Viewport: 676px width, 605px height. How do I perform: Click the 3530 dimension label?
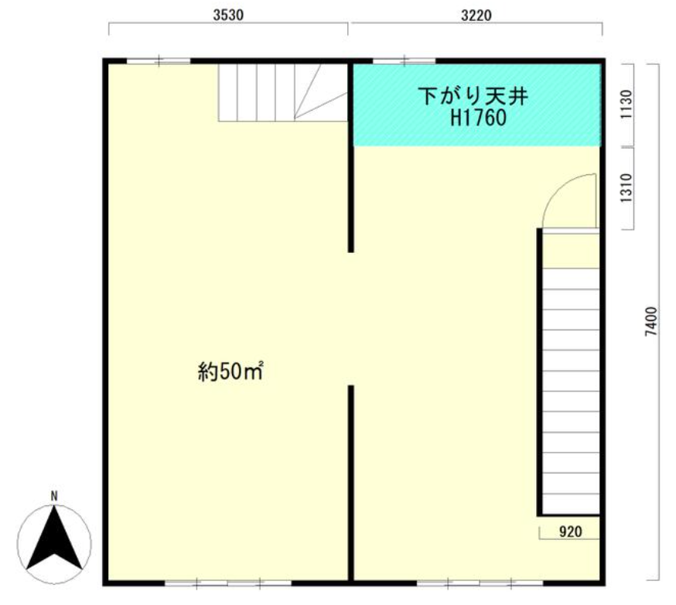click(x=228, y=15)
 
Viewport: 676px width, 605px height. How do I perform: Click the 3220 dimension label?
click(x=476, y=15)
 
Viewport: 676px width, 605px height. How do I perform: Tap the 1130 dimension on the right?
click(x=626, y=104)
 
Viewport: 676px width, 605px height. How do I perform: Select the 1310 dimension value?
click(x=626, y=188)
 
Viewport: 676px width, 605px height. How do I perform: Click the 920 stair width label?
click(x=570, y=532)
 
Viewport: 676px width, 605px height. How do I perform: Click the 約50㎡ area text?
click(x=230, y=371)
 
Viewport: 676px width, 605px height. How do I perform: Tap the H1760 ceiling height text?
click(x=478, y=118)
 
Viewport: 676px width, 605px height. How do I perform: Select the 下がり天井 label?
click(x=473, y=96)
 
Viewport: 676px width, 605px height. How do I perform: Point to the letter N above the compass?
click(x=54, y=497)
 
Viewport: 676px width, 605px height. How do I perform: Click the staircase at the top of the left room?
click(x=283, y=92)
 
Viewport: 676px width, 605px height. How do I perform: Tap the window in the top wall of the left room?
click(x=159, y=61)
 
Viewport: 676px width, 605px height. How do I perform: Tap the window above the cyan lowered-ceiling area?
click(x=404, y=61)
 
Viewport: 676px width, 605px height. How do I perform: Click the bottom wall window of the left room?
click(x=228, y=583)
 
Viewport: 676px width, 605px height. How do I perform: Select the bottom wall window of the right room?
click(x=480, y=583)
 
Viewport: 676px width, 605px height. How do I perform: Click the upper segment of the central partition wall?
click(x=351, y=158)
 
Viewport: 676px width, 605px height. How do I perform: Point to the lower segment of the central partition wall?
click(x=351, y=483)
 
